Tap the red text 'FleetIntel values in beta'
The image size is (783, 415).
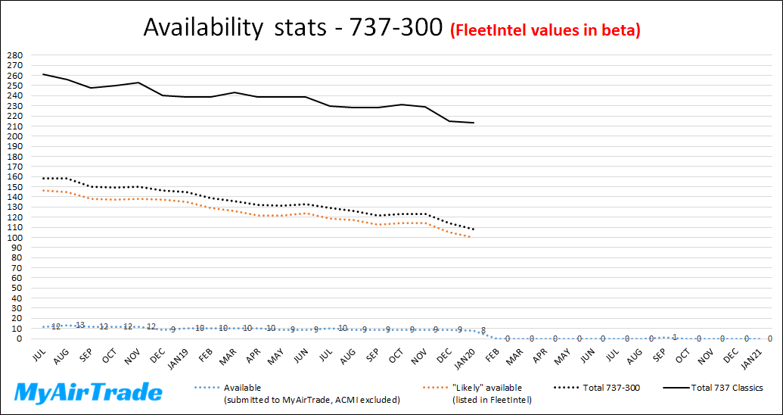click(545, 30)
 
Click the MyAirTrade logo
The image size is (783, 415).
click(89, 392)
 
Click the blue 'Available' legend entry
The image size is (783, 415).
click(242, 388)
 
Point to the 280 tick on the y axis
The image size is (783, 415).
click(14, 55)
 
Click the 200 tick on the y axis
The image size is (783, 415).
click(14, 136)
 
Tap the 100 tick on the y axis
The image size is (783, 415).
click(14, 238)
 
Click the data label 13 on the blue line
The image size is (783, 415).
click(79, 325)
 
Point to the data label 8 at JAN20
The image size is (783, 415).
click(483, 330)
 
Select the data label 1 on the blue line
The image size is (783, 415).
click(674, 337)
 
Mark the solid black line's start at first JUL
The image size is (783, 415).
click(43, 74)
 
